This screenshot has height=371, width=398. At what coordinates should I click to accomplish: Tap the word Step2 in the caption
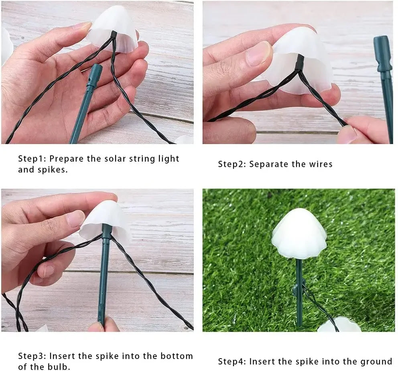coord(231,164)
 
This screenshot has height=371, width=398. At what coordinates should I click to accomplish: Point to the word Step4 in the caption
coord(231,362)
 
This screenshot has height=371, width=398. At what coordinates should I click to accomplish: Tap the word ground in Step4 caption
coord(376,362)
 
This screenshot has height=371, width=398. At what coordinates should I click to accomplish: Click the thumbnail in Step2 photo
coord(259,54)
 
